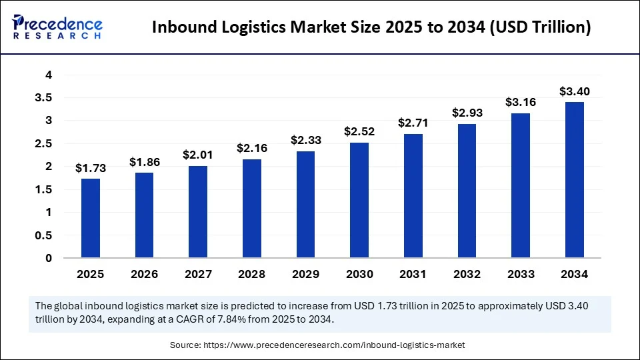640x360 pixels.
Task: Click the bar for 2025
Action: pyautogui.click(x=91, y=218)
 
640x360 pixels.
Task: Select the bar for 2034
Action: pyautogui.click(x=575, y=180)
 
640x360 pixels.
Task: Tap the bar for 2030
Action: pyautogui.click(x=359, y=200)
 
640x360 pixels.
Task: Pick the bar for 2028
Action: pyautogui.click(x=252, y=208)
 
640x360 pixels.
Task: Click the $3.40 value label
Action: pyautogui.click(x=575, y=91)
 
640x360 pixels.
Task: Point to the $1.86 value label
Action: pyautogui.click(x=145, y=162)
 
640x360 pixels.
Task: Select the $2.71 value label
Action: pyautogui.click(x=413, y=123)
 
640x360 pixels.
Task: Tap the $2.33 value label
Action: pyautogui.click(x=306, y=141)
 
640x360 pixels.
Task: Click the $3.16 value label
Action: pyautogui.click(x=521, y=103)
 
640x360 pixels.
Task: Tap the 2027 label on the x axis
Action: pyautogui.click(x=198, y=275)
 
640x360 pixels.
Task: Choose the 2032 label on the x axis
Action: pyautogui.click(x=467, y=275)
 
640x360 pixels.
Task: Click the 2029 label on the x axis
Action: pyautogui.click(x=306, y=275)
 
